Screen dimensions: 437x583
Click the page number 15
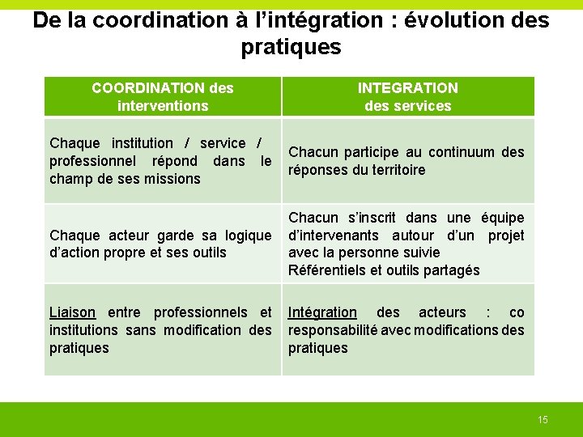click(x=543, y=419)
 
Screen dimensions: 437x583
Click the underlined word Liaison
click(x=72, y=312)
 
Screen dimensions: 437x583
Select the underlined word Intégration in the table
click(x=322, y=312)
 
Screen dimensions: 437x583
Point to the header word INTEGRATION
click(x=407, y=87)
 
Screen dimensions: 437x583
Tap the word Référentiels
click(x=326, y=270)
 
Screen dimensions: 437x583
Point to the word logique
click(x=242, y=235)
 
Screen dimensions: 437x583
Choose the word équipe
click(x=502, y=218)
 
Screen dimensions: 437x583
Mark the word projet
click(x=506, y=235)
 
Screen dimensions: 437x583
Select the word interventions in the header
click(x=163, y=106)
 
